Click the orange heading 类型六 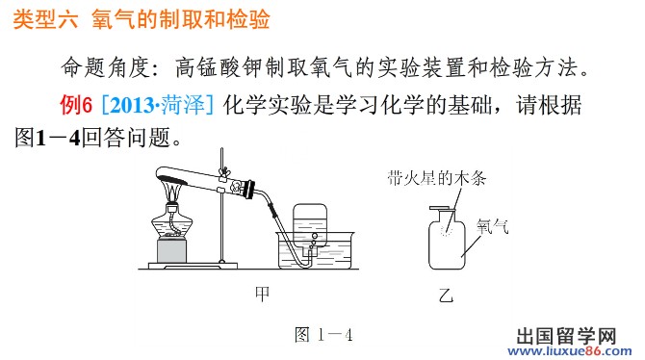(x=45, y=19)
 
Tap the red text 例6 (x=76, y=105)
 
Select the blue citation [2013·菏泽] (x=158, y=105)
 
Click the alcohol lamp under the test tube (x=172, y=222)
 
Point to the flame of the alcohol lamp (x=172, y=191)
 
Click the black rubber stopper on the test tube (x=249, y=190)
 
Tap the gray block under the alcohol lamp (x=171, y=251)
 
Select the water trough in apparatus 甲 (x=315, y=250)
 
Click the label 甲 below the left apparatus (x=263, y=294)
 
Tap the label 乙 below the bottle (x=446, y=295)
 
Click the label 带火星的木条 (x=436, y=178)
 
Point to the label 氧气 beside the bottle (x=492, y=226)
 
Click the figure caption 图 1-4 (x=323, y=334)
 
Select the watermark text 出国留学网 (x=566, y=336)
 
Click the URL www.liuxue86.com (x=570, y=351)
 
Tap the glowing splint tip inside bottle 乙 (x=446, y=230)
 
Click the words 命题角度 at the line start (x=106, y=68)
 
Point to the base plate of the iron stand (x=193, y=266)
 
